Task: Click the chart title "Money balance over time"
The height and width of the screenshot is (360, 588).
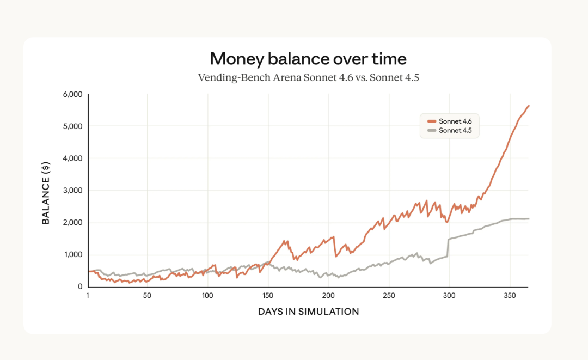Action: click(308, 59)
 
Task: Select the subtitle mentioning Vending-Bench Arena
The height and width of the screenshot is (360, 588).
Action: click(308, 77)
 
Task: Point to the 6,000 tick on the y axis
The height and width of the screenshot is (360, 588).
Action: click(72, 94)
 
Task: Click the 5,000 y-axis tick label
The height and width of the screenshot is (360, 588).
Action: click(72, 126)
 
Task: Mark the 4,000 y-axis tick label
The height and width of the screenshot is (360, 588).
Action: click(72, 158)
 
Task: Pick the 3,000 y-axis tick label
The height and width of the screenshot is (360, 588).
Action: click(72, 191)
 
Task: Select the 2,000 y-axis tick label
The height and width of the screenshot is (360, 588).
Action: click(72, 223)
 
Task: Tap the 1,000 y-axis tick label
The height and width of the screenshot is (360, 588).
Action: click(73, 255)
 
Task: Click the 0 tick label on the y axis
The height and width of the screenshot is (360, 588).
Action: click(79, 286)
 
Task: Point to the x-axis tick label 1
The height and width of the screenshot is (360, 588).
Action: click(88, 296)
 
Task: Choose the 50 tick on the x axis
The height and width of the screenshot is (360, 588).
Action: click(147, 296)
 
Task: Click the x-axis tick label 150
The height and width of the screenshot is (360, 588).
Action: click(268, 296)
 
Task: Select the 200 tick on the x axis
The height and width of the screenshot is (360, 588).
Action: click(328, 296)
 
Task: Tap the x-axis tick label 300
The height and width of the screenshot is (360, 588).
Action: click(449, 296)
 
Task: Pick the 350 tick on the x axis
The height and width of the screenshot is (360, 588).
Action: click(510, 296)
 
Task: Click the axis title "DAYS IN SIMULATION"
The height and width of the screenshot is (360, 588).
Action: click(308, 312)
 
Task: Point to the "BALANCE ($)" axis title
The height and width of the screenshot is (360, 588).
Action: click(46, 191)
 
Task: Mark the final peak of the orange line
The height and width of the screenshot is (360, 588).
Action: click(528, 106)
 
